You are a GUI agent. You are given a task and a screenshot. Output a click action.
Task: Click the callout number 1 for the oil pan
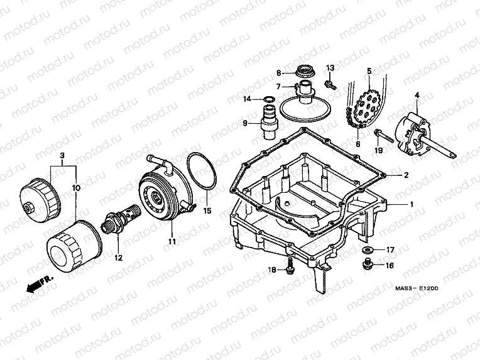pos(412,205)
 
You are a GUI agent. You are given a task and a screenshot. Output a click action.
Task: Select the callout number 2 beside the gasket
pos(406,175)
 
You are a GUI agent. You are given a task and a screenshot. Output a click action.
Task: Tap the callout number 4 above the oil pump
pos(416,95)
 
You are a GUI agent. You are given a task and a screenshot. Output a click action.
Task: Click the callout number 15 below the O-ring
pos(208,210)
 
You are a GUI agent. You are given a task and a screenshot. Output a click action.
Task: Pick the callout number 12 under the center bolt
pos(116,257)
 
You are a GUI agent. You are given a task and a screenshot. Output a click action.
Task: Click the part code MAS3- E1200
pos(417,288)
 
